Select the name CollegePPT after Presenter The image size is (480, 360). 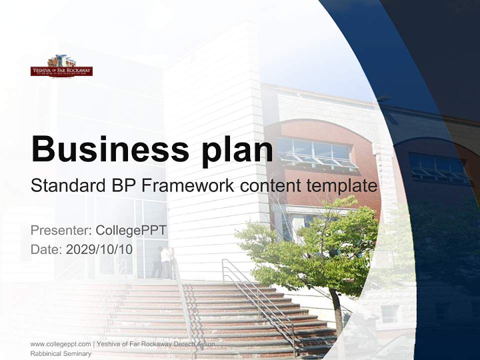pyautogui.click(x=131, y=230)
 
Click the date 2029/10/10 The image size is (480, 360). pyautogui.click(x=99, y=249)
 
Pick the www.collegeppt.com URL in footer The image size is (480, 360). pyautogui.click(x=60, y=344)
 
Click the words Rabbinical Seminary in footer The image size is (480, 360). pyautogui.click(x=60, y=353)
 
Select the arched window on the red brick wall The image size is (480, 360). pyautogui.click(x=315, y=152)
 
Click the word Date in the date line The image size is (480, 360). pyautogui.click(x=45, y=249)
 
